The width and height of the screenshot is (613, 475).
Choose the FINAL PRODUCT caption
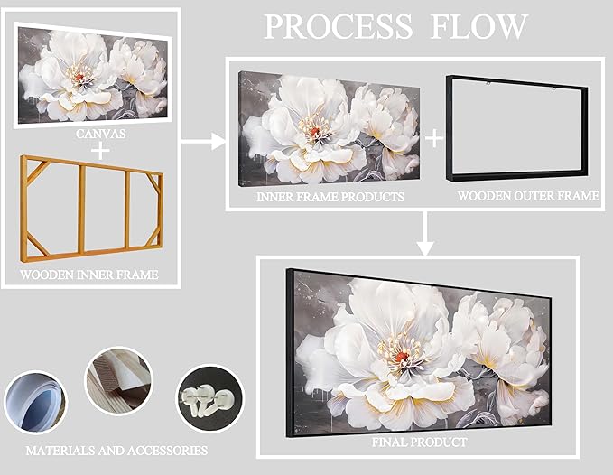click(x=420, y=442)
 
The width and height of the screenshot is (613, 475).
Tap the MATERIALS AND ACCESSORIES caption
click(x=116, y=450)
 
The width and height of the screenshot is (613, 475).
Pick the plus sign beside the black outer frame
click(x=435, y=138)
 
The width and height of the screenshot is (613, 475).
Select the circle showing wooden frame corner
click(x=118, y=382)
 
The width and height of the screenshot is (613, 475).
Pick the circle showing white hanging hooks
click(x=209, y=397)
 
